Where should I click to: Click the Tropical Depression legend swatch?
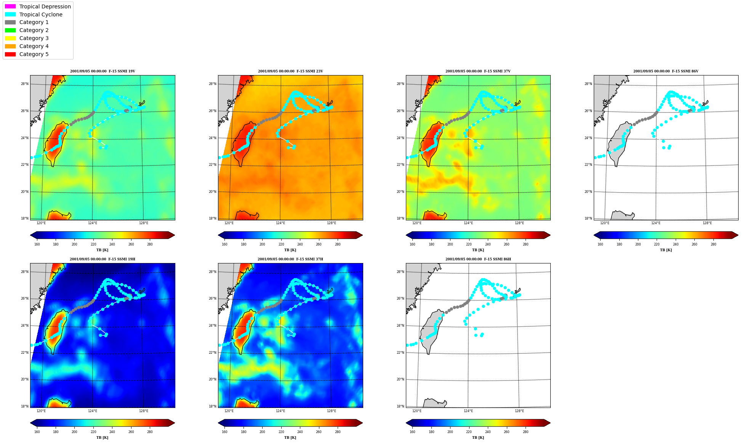click(x=10, y=6)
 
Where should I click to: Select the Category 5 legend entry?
click(x=27, y=54)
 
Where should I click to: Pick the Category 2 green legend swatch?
click(x=10, y=30)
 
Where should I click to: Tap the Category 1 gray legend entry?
click(x=27, y=22)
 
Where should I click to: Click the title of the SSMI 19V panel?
click(x=103, y=71)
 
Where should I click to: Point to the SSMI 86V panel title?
click(x=666, y=71)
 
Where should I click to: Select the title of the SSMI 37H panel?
click(x=290, y=259)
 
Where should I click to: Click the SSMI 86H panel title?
click(x=478, y=259)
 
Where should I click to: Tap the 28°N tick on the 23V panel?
click(x=212, y=84)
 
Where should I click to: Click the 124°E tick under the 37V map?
click(x=468, y=223)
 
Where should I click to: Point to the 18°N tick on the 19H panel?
click(x=24, y=406)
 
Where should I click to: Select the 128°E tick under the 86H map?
click(x=519, y=411)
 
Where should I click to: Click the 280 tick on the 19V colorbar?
click(x=150, y=244)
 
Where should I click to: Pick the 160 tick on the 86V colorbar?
click(x=600, y=244)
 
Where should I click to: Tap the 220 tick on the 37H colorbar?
click(x=281, y=432)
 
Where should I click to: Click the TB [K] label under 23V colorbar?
click(x=290, y=250)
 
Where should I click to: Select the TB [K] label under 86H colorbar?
click(x=478, y=438)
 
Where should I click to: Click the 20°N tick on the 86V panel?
click(x=588, y=192)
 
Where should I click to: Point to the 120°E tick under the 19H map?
click(x=41, y=411)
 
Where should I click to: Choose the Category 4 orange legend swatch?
click(x=10, y=46)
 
